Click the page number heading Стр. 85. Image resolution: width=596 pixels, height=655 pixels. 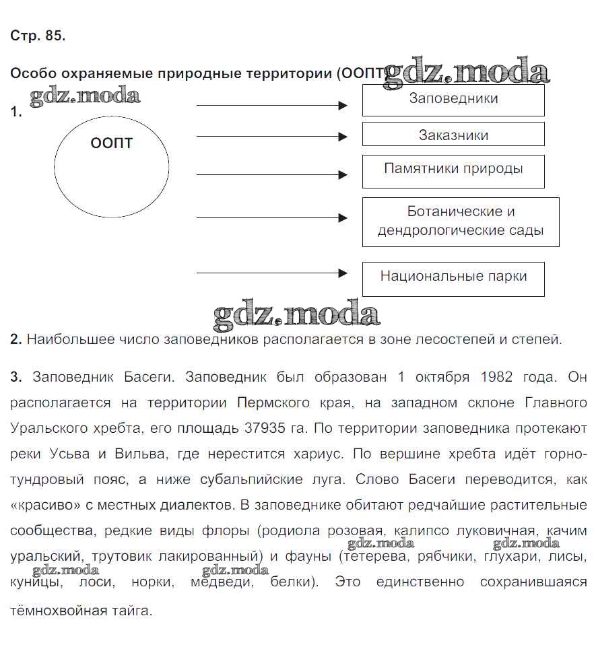38,37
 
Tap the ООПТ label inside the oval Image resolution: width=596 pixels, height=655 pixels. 111,143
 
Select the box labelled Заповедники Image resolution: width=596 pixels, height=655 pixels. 453,100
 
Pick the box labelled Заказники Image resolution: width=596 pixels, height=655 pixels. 453,135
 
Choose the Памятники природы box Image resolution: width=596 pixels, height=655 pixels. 453,170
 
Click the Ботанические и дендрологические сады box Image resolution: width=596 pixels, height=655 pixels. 461,221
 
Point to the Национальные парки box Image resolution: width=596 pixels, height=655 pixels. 453,277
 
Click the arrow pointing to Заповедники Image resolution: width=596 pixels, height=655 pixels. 271,106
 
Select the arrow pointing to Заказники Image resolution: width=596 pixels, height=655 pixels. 271,137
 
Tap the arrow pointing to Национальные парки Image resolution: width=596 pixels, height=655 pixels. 271,273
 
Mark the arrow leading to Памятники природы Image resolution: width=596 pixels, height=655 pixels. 271,175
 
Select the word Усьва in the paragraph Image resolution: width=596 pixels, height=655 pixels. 71,454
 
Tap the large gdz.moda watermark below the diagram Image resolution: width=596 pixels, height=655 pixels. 296,315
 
